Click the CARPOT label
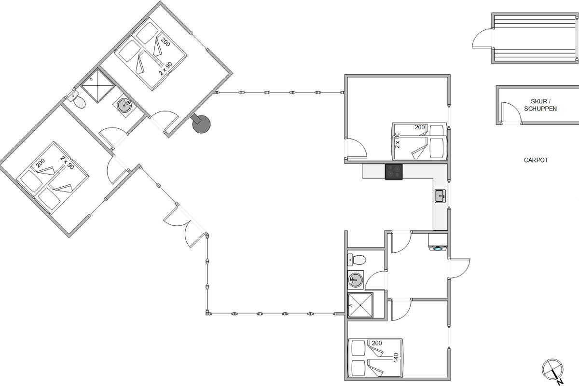point(536,160)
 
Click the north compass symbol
point(551,370)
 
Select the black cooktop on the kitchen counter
point(394,172)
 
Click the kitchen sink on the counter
point(440,196)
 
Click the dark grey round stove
point(201,124)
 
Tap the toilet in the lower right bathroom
point(357,260)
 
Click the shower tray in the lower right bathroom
point(360,305)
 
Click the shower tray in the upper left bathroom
point(97,85)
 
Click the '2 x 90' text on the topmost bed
point(165,69)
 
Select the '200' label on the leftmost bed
point(41,163)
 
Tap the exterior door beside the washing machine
point(459,267)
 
